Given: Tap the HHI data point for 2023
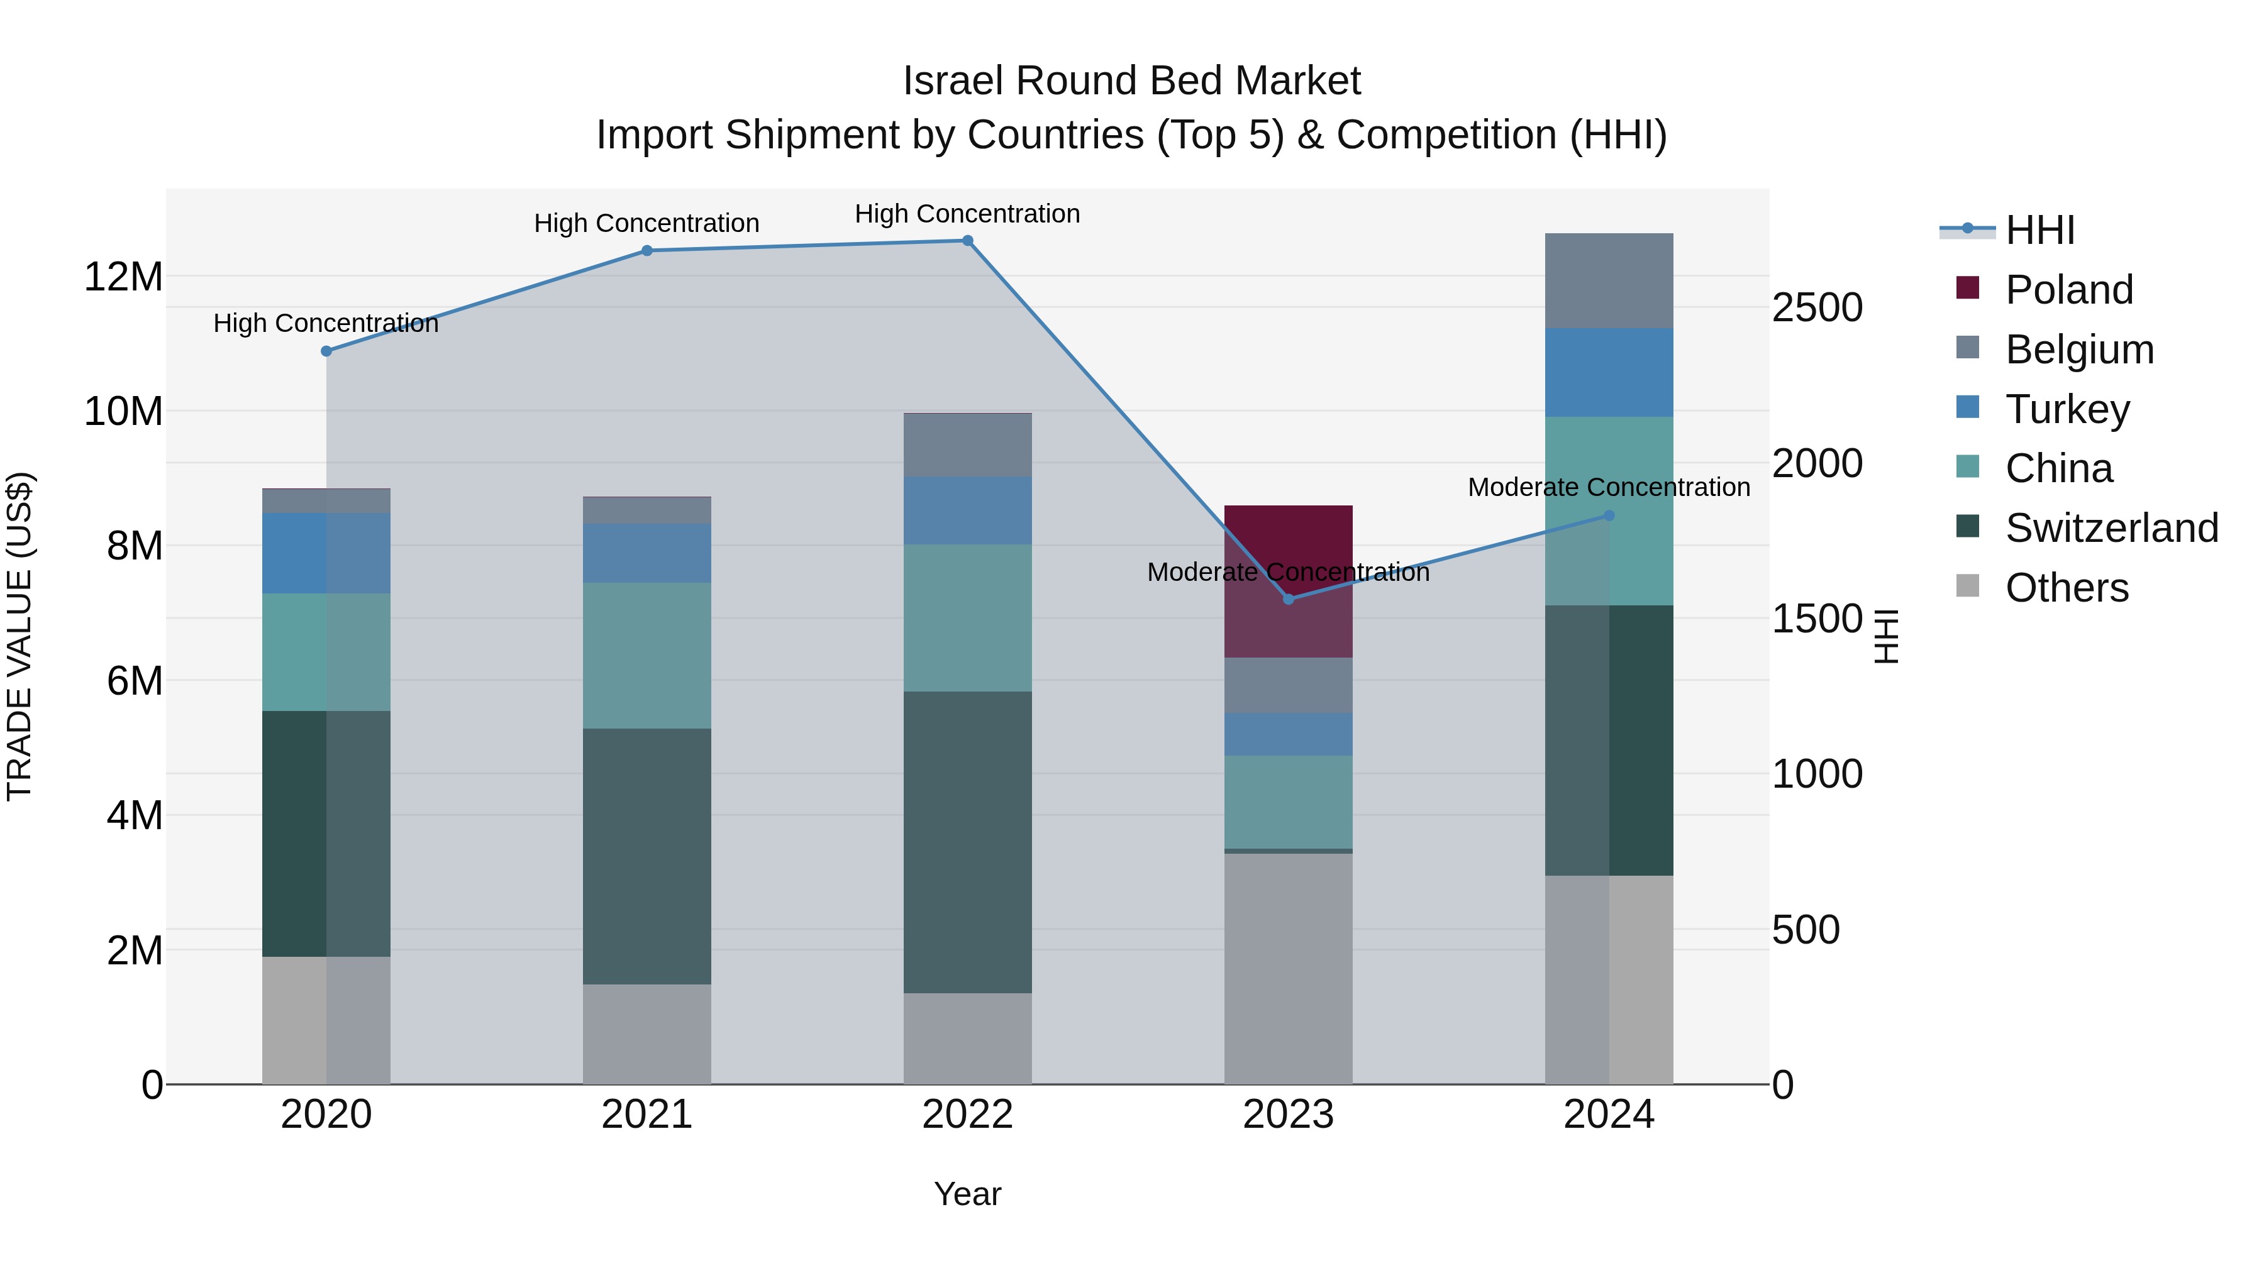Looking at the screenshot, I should (x=1289, y=599).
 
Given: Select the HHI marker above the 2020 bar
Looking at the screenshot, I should (x=326, y=351).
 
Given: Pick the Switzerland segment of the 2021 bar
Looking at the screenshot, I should (x=647, y=857).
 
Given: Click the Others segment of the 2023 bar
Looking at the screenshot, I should (x=1289, y=968).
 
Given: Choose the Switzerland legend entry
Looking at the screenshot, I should (x=2111, y=528).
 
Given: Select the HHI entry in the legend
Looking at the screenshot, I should (x=2039, y=230).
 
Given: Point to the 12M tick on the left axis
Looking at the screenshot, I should (x=123, y=277).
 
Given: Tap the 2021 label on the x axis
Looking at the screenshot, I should (x=647, y=1115).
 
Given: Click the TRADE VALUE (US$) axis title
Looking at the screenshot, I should (x=19, y=636).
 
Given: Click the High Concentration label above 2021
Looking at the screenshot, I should (x=647, y=223).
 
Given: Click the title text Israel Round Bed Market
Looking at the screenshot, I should (x=1131, y=81).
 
